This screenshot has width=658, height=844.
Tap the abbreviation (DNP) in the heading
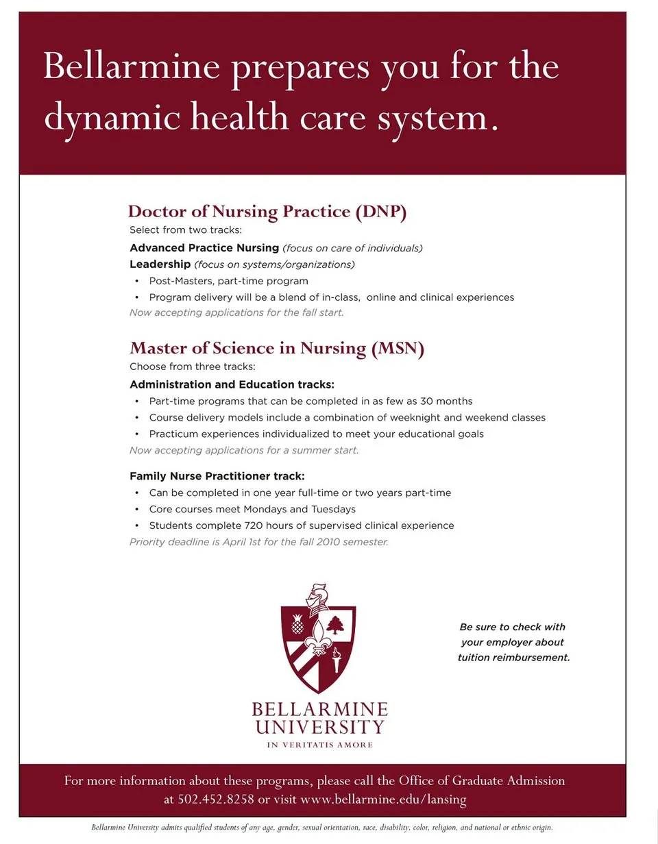(381, 212)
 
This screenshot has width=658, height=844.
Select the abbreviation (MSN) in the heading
(398, 348)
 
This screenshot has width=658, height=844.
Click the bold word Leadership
(160, 264)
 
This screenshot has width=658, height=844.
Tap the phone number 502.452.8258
(216, 799)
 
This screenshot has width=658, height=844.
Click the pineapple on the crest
(297, 624)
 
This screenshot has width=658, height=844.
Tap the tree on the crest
(336, 624)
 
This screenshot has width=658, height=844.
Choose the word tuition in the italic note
(475, 658)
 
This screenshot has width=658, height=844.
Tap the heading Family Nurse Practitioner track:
(217, 476)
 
